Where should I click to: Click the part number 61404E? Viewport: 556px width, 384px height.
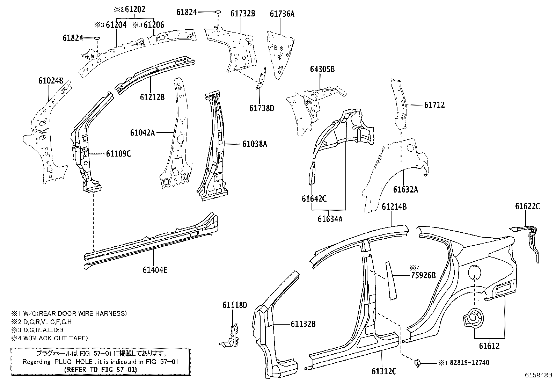(x=155, y=270)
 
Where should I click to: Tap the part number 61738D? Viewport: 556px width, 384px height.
(x=262, y=108)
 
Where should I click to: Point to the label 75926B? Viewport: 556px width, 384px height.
(x=423, y=275)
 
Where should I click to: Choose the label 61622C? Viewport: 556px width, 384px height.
(x=527, y=207)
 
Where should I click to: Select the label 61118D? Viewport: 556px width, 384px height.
(x=235, y=305)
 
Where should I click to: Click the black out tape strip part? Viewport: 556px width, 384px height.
(x=390, y=281)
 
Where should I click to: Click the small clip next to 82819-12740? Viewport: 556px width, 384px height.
(x=417, y=363)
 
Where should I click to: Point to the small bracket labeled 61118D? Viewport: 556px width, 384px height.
(x=230, y=336)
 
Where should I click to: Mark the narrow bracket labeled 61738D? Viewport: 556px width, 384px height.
(x=261, y=79)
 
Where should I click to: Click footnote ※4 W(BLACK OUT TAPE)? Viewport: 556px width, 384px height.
(x=49, y=338)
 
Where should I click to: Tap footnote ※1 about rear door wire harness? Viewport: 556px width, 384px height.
(x=69, y=313)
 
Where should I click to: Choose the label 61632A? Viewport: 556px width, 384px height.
(x=405, y=189)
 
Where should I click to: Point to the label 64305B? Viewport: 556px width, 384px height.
(x=322, y=69)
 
